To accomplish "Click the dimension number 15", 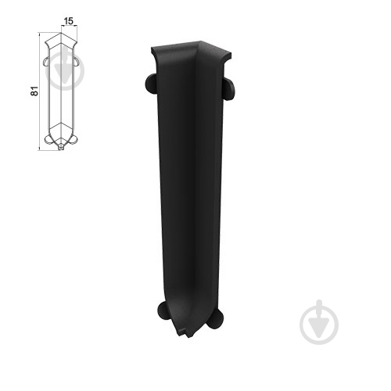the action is (x=69, y=21).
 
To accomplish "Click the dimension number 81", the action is (x=34, y=91).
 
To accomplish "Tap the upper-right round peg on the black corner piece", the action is (x=229, y=88).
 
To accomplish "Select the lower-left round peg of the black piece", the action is (x=164, y=310).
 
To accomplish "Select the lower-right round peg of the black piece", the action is (x=216, y=319).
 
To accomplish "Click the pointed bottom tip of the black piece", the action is (x=188, y=337).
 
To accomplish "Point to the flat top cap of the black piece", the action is (x=191, y=49).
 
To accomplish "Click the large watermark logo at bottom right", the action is (x=319, y=322).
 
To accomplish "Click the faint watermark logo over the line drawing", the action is (x=65, y=70).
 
